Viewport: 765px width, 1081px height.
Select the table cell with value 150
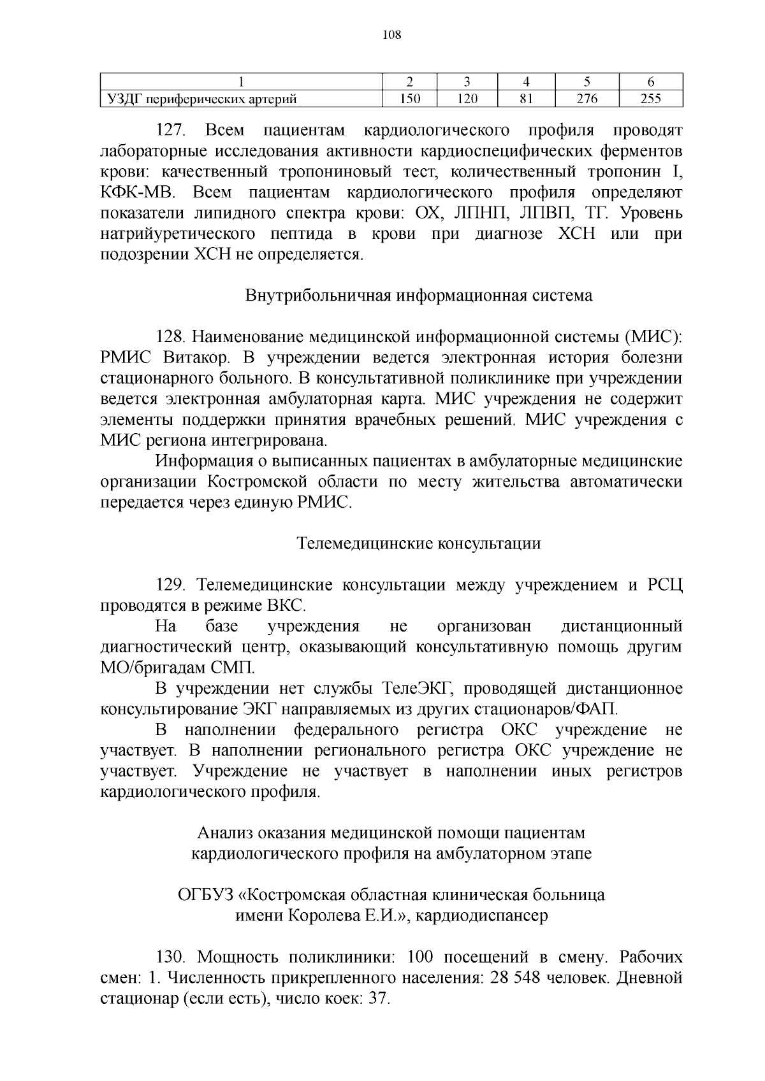pyautogui.click(x=409, y=99)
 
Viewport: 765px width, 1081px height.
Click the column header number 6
pyautogui.click(x=650, y=82)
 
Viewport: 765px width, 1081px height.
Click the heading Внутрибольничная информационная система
pyautogui.click(x=419, y=296)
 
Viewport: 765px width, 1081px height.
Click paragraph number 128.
pyautogui.click(x=171, y=337)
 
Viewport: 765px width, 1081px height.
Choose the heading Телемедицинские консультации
pyautogui.click(x=419, y=543)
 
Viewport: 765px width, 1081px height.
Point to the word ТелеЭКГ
pyautogui.click(x=417, y=689)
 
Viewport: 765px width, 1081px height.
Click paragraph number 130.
pyautogui.click(x=171, y=957)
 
